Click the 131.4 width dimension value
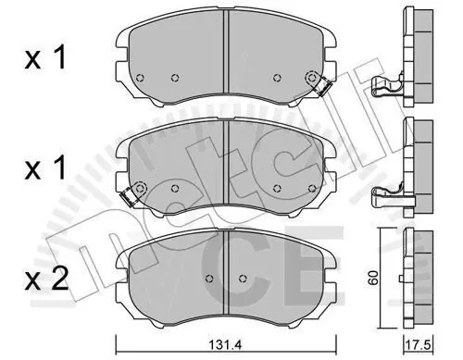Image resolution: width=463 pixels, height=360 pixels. pos(225,345)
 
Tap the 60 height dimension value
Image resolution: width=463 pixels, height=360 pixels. pos(374,278)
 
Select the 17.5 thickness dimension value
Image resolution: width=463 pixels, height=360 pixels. pos(419,345)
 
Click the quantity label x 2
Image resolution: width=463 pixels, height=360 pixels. pos(46,280)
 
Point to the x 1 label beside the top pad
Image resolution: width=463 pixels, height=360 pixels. pos(45,57)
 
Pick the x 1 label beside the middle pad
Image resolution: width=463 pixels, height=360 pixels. pos(45,168)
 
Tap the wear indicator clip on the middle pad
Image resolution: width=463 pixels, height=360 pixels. pos(129,197)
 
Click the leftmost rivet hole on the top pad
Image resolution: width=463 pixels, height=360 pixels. pos(140,78)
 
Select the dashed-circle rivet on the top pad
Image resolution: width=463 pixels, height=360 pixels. pos(311,77)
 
